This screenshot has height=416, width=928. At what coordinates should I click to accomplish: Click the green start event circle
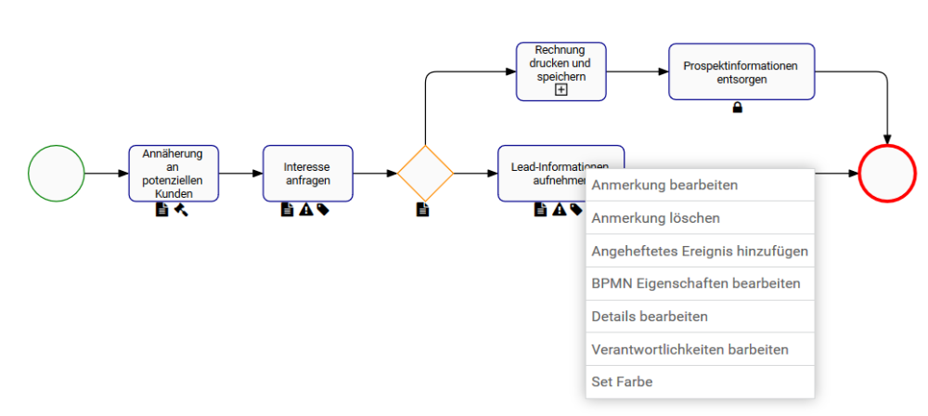click(x=56, y=173)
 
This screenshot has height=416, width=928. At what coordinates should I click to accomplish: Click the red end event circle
click(x=887, y=173)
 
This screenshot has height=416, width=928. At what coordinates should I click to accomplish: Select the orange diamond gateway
click(x=425, y=173)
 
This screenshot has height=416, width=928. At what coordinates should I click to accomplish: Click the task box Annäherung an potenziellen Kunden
click(x=174, y=173)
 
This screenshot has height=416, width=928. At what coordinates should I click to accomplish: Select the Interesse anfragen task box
click(x=307, y=173)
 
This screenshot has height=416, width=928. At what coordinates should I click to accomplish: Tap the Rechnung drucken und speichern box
click(x=561, y=65)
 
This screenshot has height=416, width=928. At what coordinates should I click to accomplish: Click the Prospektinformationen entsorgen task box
click(x=741, y=71)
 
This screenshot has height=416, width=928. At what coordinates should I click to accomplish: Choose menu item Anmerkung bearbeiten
click(x=664, y=185)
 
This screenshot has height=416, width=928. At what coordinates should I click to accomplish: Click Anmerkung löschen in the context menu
click(x=655, y=218)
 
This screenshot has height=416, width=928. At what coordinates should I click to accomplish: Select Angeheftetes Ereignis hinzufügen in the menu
click(x=700, y=251)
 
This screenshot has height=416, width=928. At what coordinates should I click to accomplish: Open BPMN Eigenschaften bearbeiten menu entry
click(x=695, y=283)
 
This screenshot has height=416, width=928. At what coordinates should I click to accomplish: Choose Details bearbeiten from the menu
click(x=650, y=317)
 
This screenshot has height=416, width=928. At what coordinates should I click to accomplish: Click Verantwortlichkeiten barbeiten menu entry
click(x=690, y=349)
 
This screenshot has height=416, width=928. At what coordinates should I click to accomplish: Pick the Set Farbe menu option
click(x=622, y=382)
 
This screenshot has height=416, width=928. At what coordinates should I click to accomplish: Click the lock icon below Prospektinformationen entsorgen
click(x=738, y=108)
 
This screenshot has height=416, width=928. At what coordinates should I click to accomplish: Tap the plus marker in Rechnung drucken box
click(x=561, y=89)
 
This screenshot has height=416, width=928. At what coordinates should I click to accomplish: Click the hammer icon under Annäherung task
click(x=181, y=210)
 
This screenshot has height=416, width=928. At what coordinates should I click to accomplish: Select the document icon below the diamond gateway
click(x=423, y=210)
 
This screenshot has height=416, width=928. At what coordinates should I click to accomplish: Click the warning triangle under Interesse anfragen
click(x=305, y=210)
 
